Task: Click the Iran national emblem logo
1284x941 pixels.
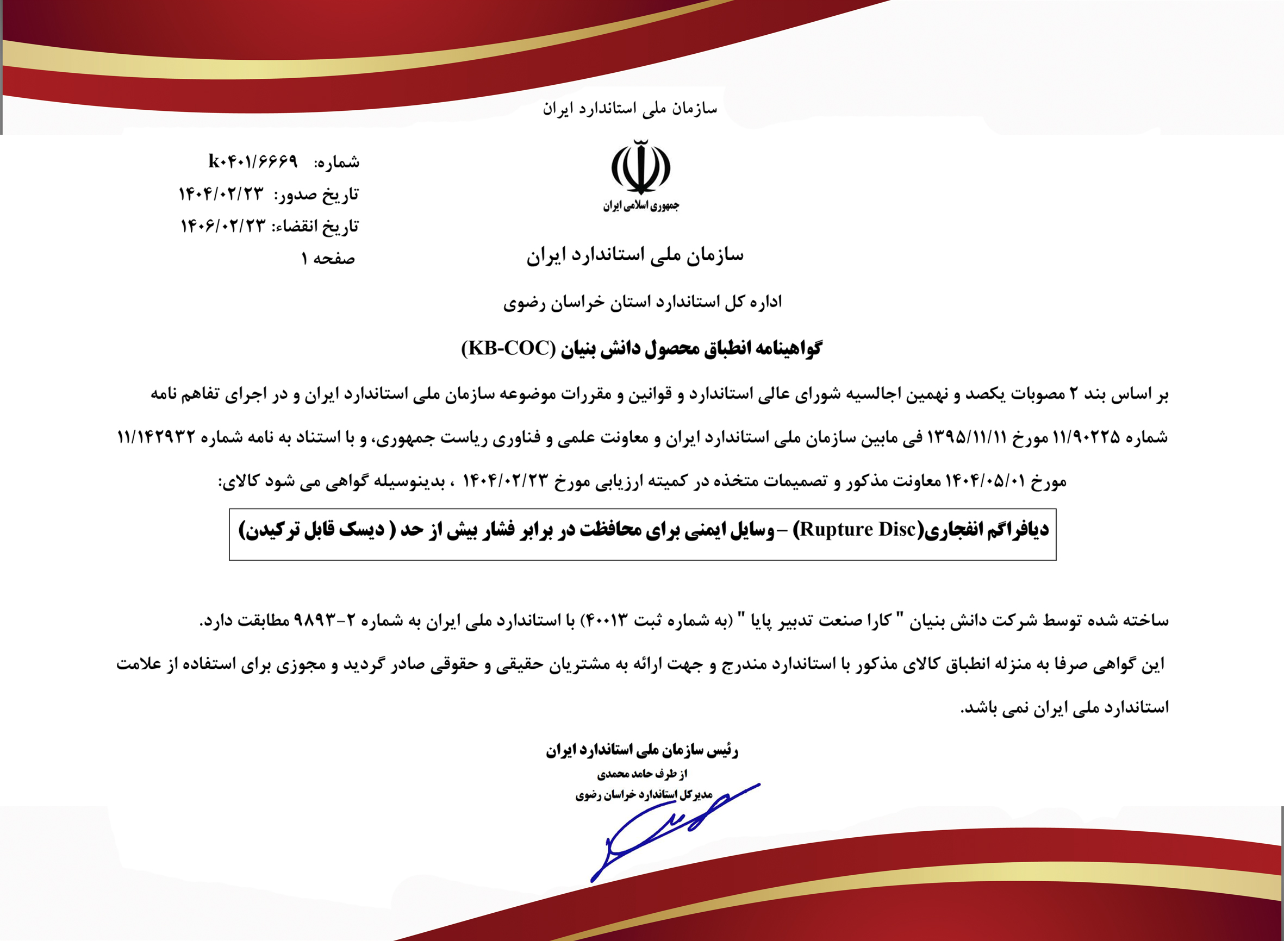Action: click(x=640, y=167)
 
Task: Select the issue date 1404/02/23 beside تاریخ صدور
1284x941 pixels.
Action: click(x=221, y=195)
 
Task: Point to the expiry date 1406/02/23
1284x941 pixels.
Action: click(x=223, y=226)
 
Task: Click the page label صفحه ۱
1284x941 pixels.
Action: click(x=328, y=259)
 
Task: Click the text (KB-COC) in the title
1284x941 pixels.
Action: click(x=508, y=348)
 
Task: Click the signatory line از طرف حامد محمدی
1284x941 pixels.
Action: click(x=643, y=774)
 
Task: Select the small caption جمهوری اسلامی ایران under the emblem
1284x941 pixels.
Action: click(x=641, y=205)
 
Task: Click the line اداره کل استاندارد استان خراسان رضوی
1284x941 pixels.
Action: click(x=643, y=302)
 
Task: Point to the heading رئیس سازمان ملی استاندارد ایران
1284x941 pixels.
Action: click(x=643, y=751)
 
